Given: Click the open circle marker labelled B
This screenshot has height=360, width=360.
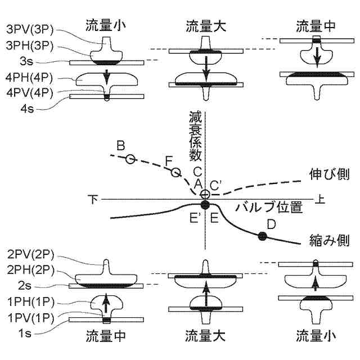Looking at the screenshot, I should (130, 159).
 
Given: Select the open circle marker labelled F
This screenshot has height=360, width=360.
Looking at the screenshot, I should (175, 172).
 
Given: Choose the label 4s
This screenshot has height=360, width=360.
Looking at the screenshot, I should (25, 106).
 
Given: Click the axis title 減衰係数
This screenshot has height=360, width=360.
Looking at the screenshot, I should (196, 138).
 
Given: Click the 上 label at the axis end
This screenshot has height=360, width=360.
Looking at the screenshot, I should (320, 199).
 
